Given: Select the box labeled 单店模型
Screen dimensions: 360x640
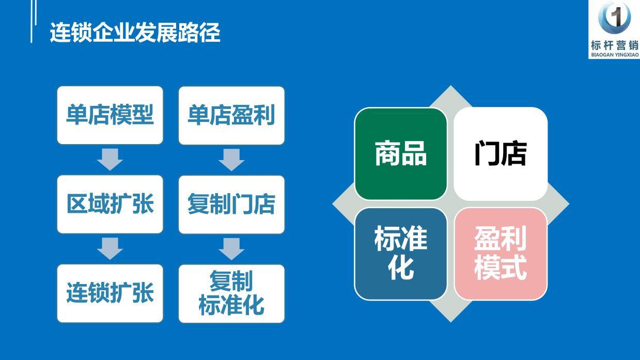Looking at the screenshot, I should [x=110, y=115].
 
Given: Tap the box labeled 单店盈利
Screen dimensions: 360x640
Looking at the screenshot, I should [x=231, y=115].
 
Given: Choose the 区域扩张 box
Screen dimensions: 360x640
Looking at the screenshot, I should [x=110, y=204].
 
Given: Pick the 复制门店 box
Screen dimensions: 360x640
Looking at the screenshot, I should [x=231, y=204].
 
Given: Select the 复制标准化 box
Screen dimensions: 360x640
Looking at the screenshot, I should [x=231, y=293].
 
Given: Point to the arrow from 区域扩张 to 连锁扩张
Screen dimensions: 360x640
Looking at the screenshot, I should [x=110, y=248].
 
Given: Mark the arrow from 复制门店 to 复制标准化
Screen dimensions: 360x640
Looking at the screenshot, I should [x=231, y=248].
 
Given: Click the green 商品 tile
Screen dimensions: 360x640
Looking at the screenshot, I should [x=400, y=154].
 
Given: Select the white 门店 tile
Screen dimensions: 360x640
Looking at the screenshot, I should [x=500, y=154].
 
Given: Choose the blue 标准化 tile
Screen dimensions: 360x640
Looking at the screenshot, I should [x=400, y=253].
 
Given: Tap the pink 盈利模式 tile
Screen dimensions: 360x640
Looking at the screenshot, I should [x=500, y=253].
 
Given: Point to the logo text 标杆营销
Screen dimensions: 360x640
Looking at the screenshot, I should [x=615, y=44].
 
